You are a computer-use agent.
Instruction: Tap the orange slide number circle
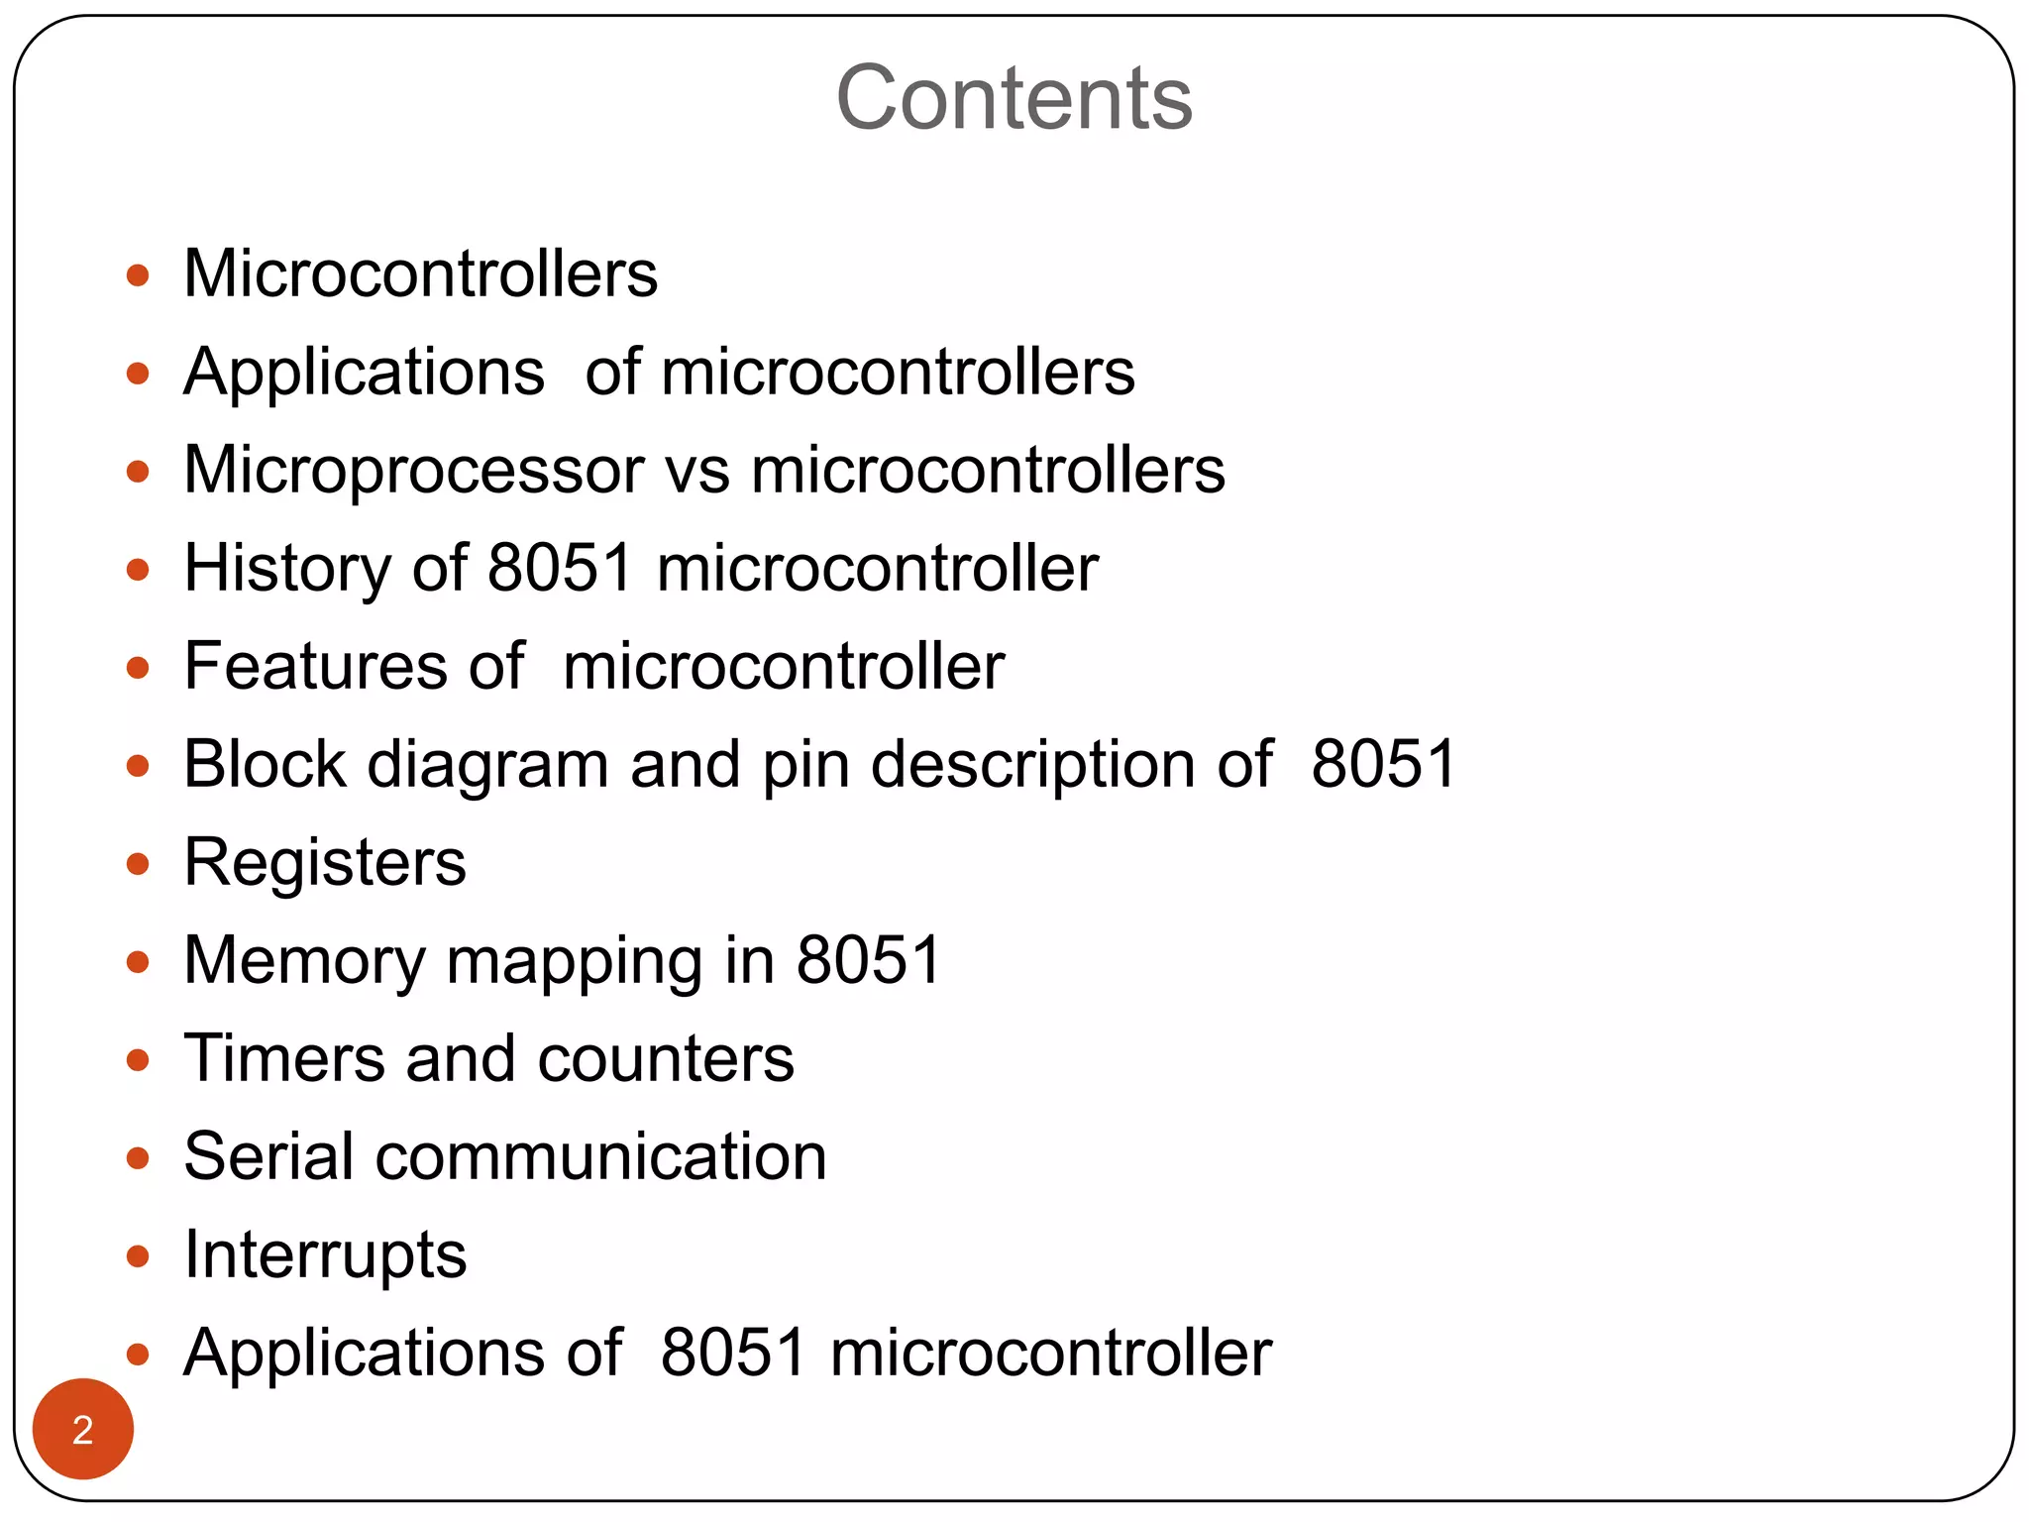83,1429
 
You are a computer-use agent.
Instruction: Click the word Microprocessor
414,470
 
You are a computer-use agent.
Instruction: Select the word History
286,568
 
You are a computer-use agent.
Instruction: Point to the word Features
315,666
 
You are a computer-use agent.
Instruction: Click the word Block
265,764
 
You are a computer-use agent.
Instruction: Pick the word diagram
487,766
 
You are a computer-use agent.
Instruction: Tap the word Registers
325,863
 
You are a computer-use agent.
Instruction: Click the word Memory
304,961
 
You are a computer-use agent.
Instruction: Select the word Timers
283,1058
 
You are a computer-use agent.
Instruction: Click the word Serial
268,1156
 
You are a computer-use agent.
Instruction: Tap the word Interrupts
325,1255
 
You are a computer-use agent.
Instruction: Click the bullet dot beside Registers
138,864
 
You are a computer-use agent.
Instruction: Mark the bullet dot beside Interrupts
138,1256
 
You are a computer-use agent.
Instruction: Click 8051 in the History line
561,568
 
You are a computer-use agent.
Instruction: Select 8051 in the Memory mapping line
869,960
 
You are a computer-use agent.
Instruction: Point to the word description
1033,766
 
